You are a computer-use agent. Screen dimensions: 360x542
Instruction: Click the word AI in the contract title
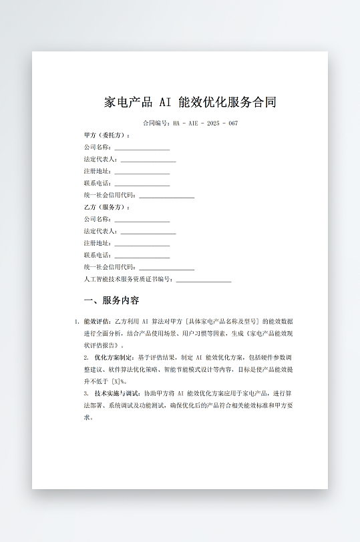click(164, 103)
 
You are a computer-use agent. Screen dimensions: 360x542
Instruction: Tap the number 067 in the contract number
click(232, 123)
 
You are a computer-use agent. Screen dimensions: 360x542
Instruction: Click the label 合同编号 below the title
click(156, 123)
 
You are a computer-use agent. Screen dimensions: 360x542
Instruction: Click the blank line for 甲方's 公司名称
click(142, 148)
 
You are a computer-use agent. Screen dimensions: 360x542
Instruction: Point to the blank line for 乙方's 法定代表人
click(148, 232)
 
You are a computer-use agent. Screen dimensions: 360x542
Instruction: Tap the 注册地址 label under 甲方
click(97, 171)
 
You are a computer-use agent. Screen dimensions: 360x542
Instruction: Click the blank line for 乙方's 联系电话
click(142, 256)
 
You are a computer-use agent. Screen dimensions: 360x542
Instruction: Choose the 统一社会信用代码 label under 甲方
click(110, 195)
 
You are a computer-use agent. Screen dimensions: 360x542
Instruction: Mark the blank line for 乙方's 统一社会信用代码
click(166, 268)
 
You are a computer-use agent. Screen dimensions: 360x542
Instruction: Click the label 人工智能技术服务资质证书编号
click(128, 279)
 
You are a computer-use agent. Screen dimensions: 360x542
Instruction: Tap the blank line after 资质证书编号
click(203, 280)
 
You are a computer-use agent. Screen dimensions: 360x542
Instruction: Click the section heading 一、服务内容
click(112, 300)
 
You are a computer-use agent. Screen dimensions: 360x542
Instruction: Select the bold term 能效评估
click(97, 321)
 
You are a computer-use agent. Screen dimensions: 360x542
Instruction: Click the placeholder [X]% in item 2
click(118, 382)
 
